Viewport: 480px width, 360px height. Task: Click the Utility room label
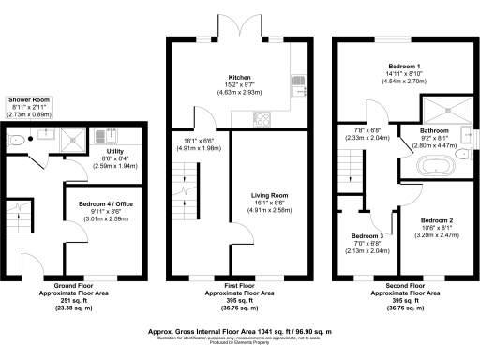pos(115,152)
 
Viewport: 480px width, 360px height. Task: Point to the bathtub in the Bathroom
pos(437,170)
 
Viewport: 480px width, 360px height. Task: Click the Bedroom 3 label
pos(367,235)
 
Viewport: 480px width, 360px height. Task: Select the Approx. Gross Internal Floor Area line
pos(240,331)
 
